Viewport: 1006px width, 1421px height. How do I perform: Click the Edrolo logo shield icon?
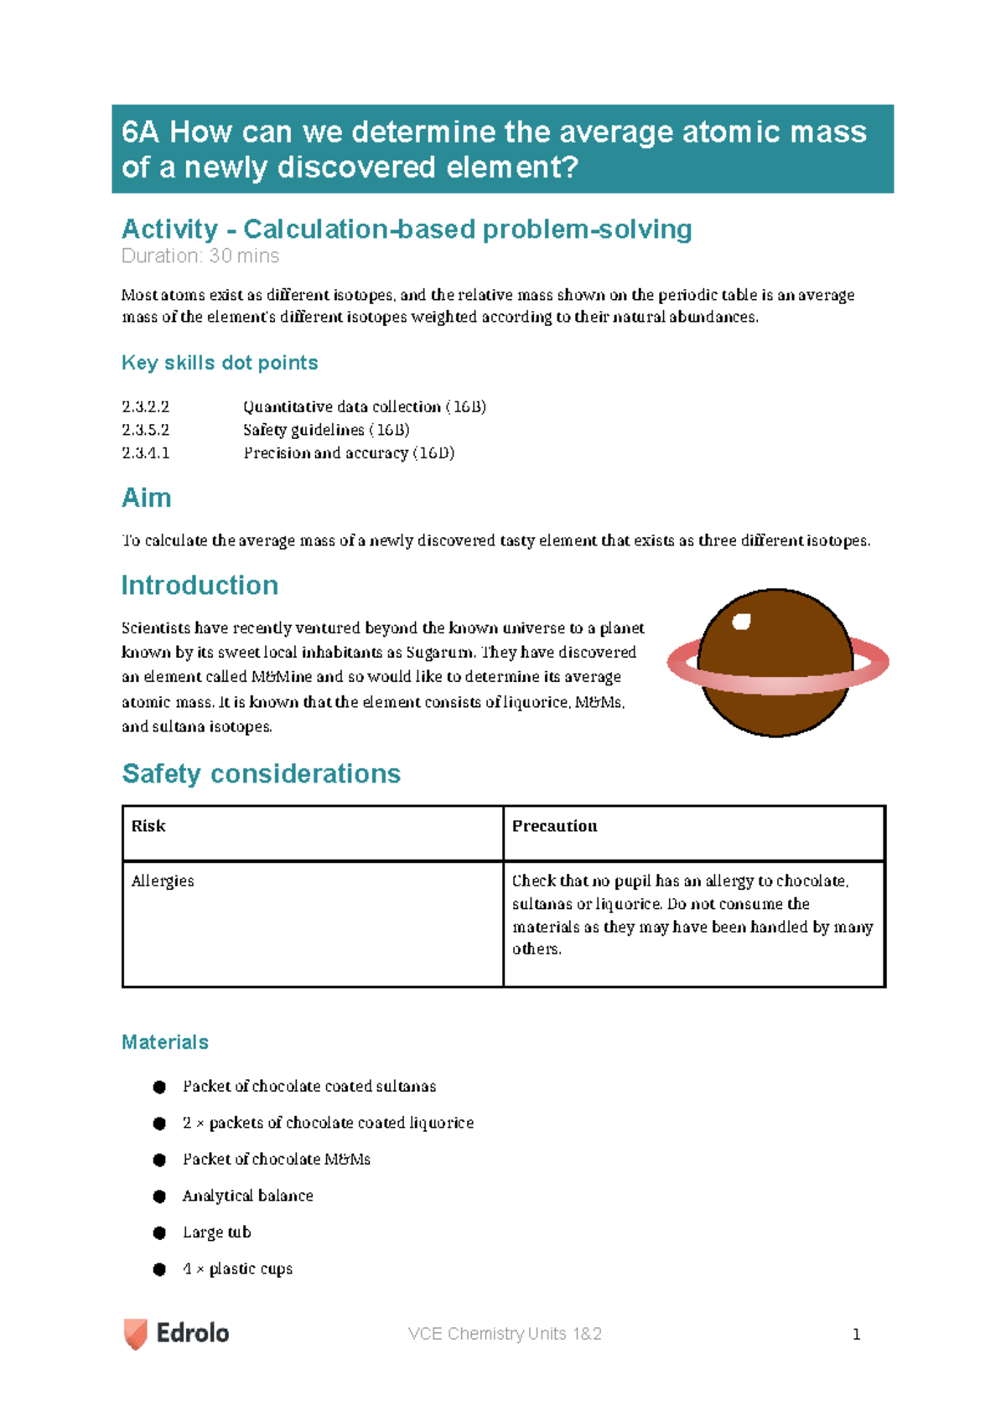pos(135,1333)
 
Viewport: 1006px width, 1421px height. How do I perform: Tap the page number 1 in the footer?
pos(856,1334)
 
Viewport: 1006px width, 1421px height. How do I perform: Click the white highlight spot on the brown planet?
pos(741,621)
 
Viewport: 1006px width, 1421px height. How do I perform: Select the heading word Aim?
pos(147,498)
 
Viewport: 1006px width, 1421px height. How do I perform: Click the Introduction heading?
pos(200,585)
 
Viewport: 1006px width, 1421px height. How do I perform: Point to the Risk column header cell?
pos(148,826)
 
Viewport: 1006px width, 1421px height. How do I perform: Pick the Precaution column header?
pos(554,826)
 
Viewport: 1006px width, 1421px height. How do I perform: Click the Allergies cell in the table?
pos(163,881)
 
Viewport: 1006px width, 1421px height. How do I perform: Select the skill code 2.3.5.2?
pos(145,430)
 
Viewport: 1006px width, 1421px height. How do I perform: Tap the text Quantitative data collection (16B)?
pos(365,406)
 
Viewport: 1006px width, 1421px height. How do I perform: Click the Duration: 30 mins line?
pos(200,256)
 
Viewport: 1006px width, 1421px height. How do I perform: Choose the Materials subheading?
pos(165,1041)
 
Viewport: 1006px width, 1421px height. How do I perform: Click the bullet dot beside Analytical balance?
pos(159,1196)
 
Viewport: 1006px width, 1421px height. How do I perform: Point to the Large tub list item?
pos(216,1232)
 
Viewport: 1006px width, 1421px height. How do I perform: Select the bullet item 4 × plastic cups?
pos(237,1269)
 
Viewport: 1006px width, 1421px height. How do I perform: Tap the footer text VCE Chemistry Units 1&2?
pos(505,1334)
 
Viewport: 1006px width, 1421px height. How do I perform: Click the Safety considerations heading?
pos(261,773)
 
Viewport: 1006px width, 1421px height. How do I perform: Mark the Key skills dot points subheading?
pos(220,363)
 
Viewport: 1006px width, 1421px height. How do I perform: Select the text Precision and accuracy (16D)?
pos(349,453)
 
